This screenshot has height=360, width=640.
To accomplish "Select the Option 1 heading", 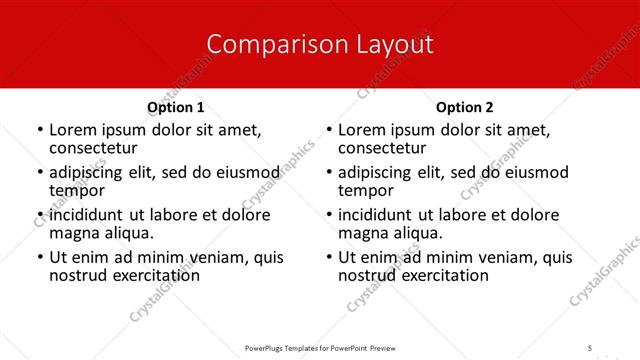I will click(x=176, y=107).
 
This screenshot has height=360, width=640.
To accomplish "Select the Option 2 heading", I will click(x=465, y=107).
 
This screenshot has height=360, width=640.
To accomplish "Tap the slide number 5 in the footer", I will click(x=590, y=347).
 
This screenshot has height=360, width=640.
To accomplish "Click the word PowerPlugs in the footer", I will click(x=267, y=347).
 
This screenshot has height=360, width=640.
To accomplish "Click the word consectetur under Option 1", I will click(x=92, y=148).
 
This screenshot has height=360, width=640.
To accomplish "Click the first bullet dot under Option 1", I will click(x=39, y=131).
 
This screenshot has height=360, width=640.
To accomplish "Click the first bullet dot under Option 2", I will click(x=328, y=131).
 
